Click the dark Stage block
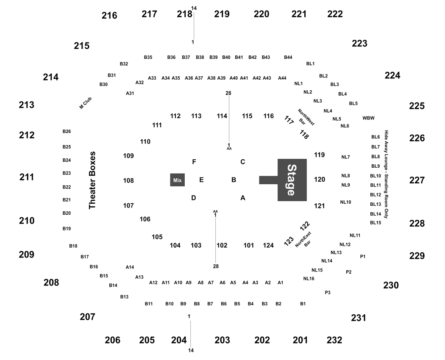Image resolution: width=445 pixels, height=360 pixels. click(x=292, y=180)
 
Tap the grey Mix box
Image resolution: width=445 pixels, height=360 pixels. click(x=178, y=180)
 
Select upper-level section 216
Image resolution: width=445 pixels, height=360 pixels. click(x=109, y=15)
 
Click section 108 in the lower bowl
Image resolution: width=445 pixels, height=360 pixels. click(x=128, y=180)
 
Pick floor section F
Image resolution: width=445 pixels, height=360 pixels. click(x=194, y=162)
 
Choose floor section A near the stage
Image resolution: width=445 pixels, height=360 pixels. click(x=243, y=198)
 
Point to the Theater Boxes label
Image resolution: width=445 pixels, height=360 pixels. click(x=92, y=180)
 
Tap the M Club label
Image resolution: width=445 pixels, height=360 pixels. click(x=86, y=103)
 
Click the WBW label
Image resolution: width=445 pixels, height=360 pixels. click(x=368, y=118)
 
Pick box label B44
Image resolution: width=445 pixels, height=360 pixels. click(x=288, y=57)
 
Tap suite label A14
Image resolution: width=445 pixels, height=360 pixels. click(x=130, y=267)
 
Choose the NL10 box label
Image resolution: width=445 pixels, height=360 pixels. click(x=345, y=202)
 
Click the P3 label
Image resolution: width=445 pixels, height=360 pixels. click(x=328, y=293)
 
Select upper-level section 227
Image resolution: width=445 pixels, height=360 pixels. click(x=417, y=180)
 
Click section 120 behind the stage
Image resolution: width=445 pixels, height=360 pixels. click(x=320, y=179)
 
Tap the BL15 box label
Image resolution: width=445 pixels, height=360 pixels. click(x=375, y=223)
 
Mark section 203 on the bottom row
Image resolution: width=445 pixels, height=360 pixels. click(x=222, y=340)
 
